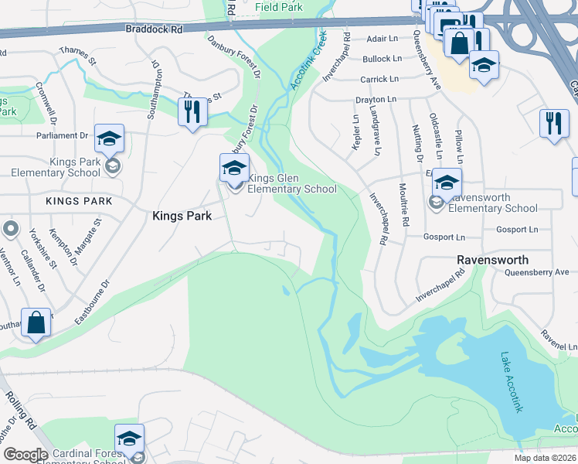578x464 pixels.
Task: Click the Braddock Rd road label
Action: pyautogui.click(x=154, y=28)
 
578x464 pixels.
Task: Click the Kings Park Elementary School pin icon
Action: pyautogui.click(x=110, y=140)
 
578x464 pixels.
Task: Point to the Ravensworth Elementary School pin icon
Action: pyautogui.click(x=447, y=183)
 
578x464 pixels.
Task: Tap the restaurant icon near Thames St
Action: pyautogui.click(x=192, y=111)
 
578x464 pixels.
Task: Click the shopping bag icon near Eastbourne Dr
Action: pyautogui.click(x=37, y=323)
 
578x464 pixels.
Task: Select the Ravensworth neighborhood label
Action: pyautogui.click(x=492, y=260)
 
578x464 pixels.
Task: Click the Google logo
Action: pyautogui.click(x=25, y=455)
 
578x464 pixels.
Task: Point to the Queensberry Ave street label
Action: pyautogui.click(x=427, y=59)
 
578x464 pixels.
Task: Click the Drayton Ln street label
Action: pyautogui.click(x=376, y=100)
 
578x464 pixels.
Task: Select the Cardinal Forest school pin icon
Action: pyautogui.click(x=129, y=438)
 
